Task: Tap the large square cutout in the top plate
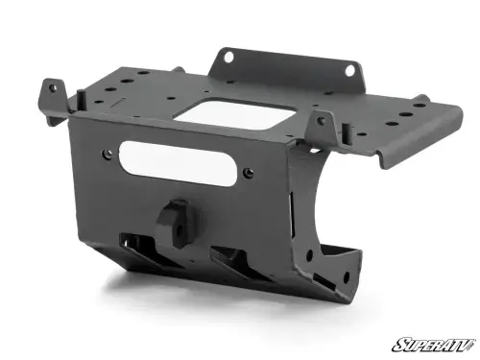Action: tap(240, 115)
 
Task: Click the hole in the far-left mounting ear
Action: tap(53, 87)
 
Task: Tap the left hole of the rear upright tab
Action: tap(228, 59)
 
